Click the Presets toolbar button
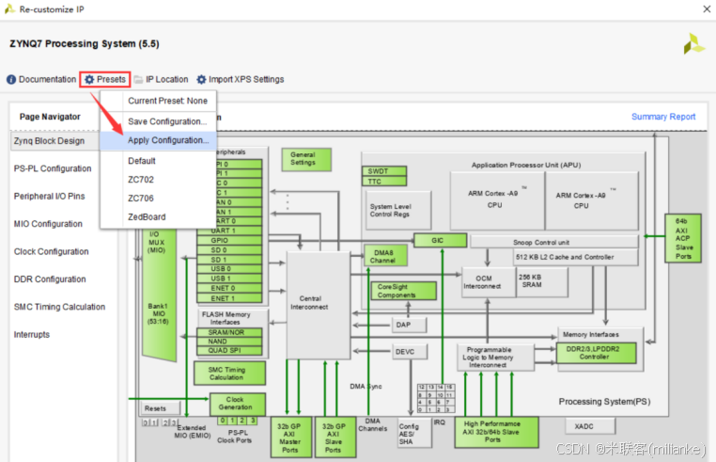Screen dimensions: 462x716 pyautogui.click(x=104, y=79)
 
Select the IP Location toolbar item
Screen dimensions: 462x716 pyautogui.click(x=166, y=79)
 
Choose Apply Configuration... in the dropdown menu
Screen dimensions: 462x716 pyautogui.click(x=167, y=140)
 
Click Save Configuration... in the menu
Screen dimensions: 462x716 pyautogui.click(x=166, y=121)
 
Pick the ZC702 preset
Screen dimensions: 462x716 pyautogui.click(x=141, y=180)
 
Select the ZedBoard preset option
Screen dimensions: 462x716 pyautogui.click(x=147, y=216)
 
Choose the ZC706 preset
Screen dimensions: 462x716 pyautogui.click(x=141, y=199)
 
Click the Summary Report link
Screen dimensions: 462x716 pyautogui.click(x=663, y=117)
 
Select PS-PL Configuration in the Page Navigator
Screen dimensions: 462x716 pyautogui.click(x=53, y=168)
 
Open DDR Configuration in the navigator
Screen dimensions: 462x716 pyautogui.click(x=50, y=279)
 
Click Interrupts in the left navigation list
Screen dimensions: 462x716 pyautogui.click(x=32, y=335)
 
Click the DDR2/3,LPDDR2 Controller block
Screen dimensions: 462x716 pyautogui.click(x=599, y=351)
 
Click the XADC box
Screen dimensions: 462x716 pyautogui.click(x=584, y=426)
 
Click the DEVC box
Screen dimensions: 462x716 pyautogui.click(x=404, y=352)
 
